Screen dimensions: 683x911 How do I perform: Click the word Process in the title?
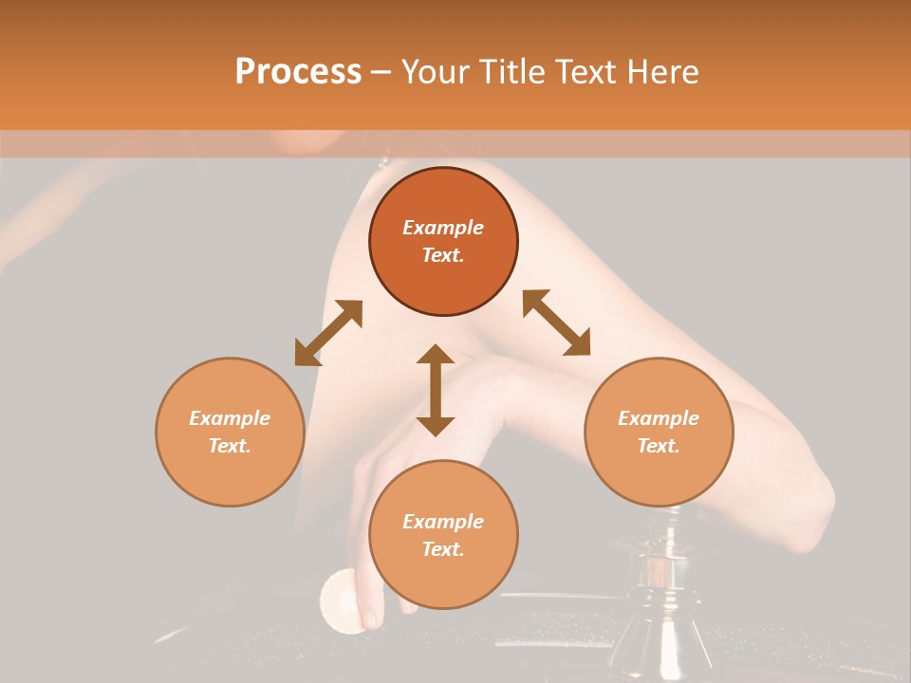[x=298, y=72]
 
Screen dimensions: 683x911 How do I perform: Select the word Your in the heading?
[x=435, y=72]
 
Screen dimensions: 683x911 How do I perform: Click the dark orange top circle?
[x=443, y=241]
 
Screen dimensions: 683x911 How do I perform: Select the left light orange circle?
[x=230, y=432]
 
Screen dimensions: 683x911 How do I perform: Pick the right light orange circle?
[x=659, y=432]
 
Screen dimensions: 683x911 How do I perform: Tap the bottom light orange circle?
[x=443, y=535]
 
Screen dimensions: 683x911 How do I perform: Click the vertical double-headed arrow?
[x=436, y=390]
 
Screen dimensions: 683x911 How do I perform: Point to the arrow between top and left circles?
[x=328, y=333]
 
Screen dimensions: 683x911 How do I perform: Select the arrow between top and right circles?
[x=557, y=323]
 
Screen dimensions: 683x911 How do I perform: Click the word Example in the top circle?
[x=443, y=228]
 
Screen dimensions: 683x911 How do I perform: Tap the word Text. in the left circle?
[x=230, y=446]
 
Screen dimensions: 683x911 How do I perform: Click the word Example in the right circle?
[x=659, y=418]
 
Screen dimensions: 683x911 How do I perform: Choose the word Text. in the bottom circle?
[x=443, y=549]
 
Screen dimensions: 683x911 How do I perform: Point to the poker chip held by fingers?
[x=340, y=600]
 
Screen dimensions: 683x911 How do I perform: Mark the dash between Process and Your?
[x=381, y=72]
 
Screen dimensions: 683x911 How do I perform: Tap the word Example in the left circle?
[x=230, y=418]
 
